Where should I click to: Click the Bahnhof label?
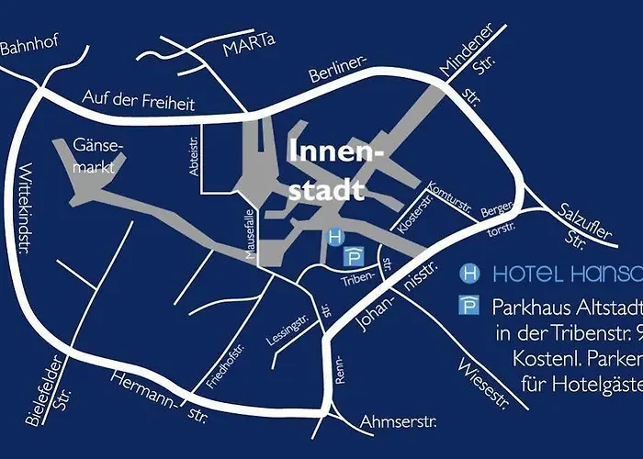28,47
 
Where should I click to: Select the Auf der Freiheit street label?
138,100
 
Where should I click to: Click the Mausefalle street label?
249,236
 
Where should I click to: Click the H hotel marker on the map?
335,236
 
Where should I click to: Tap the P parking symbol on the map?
353,256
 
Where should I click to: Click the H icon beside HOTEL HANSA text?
469,273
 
